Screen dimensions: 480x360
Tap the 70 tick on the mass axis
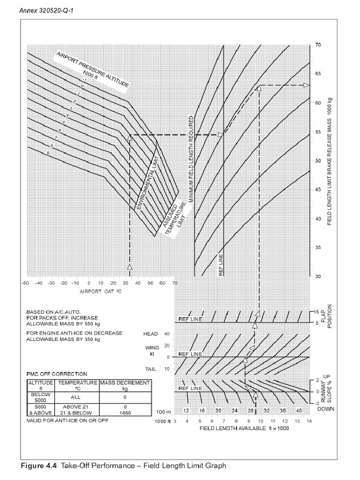click(319, 45)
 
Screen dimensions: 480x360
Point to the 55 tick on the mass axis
click(319, 132)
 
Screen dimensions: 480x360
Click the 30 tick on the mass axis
click(319, 277)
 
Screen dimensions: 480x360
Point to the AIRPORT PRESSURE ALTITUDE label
click(92, 69)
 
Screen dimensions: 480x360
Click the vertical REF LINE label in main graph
click(221, 265)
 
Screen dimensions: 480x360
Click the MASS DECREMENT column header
click(125, 382)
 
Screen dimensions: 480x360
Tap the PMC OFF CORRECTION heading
click(57, 374)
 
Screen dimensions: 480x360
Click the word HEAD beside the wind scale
click(150, 334)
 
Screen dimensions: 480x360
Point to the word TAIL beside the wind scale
click(150, 369)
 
